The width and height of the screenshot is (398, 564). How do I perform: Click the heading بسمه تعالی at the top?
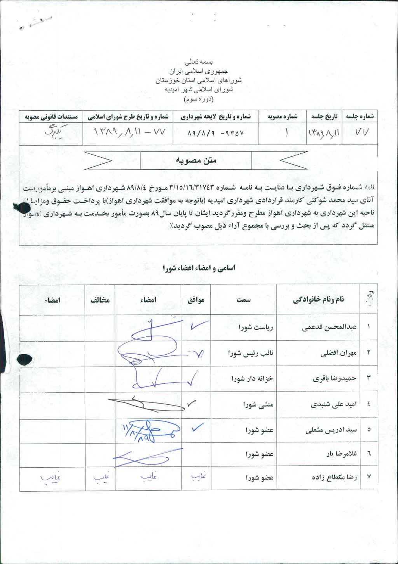199,62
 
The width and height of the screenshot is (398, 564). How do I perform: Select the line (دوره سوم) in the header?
199,99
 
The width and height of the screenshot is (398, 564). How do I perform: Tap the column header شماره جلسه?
360,116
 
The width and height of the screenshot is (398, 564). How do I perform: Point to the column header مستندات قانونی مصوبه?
51,117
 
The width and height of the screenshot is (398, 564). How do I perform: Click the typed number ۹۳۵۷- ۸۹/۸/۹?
215,133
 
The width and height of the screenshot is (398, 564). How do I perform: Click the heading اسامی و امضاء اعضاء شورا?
199,268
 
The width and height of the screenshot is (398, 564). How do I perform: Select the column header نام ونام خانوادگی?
318,299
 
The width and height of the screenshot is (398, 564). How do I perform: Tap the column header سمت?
243,299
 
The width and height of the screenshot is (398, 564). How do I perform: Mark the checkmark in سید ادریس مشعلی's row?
197,427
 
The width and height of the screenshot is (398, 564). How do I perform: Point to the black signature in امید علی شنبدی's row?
146,404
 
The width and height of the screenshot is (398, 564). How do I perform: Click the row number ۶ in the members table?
368,453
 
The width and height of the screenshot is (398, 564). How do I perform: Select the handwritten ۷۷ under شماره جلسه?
360,132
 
